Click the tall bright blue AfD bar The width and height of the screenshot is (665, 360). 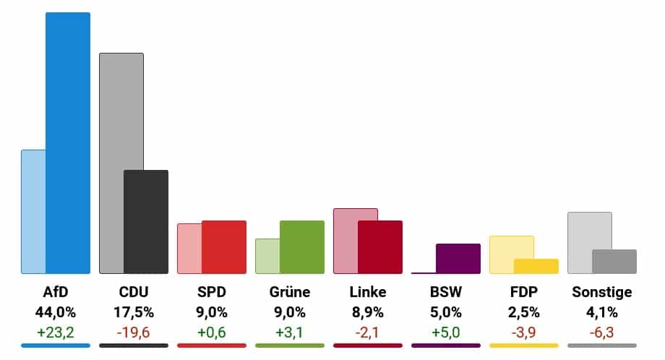[68, 143]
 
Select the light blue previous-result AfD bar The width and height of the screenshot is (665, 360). [33, 212]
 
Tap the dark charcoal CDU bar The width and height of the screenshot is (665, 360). [146, 222]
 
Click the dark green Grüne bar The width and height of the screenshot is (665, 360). [302, 247]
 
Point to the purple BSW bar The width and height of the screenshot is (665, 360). [458, 259]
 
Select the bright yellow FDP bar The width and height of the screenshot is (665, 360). [536, 266]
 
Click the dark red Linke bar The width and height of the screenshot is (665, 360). [380, 247]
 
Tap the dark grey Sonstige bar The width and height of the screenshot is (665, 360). [614, 262]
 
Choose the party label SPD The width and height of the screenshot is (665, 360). [212, 292]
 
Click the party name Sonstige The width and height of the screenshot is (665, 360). [602, 292]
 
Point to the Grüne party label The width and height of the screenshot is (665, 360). [290, 292]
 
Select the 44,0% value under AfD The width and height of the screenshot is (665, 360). [56, 312]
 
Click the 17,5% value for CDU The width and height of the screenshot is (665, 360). [134, 312]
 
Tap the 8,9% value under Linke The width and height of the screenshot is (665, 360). [368, 312]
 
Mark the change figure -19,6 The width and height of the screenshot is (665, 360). [134, 333]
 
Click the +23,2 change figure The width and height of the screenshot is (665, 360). [56, 333]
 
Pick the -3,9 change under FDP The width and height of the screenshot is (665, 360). [524, 333]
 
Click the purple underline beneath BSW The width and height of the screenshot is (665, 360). [446, 346]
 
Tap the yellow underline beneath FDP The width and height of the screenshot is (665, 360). [524, 346]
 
